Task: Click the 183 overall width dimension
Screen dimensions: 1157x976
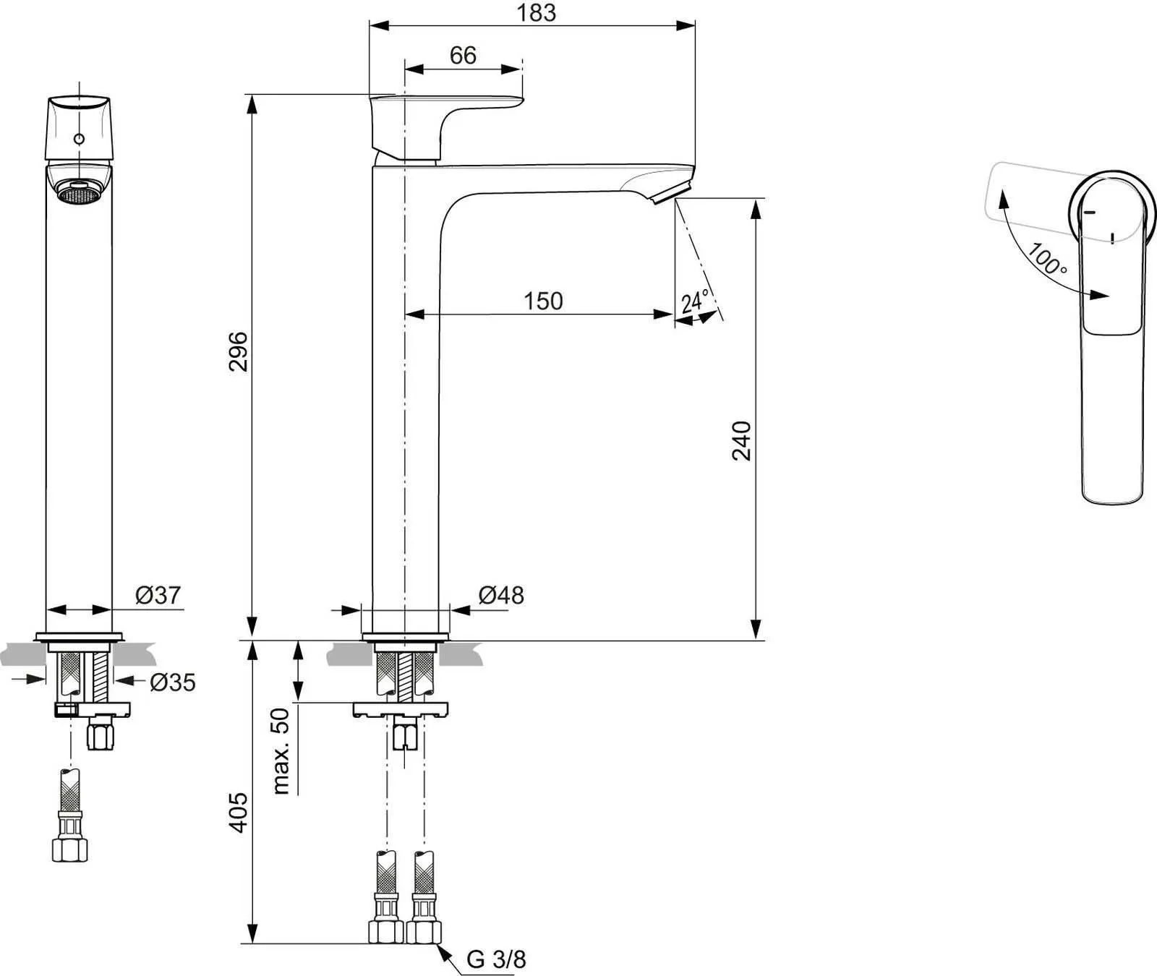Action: (537, 12)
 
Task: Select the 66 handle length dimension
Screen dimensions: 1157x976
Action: (463, 56)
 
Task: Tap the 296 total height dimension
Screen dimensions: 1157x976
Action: (239, 351)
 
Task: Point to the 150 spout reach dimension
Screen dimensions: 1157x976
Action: (543, 301)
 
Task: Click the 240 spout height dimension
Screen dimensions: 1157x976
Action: (743, 440)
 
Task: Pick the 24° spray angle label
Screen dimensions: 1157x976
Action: (694, 301)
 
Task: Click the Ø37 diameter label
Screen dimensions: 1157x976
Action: (158, 595)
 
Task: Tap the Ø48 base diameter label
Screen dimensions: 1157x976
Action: (501, 595)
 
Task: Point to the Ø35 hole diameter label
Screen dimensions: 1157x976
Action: (173, 682)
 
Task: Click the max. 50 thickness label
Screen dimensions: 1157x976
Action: (281, 750)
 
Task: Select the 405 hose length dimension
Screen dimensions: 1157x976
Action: (239, 813)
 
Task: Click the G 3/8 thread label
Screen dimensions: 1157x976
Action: (496, 959)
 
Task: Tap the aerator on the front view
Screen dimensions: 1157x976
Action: (78, 193)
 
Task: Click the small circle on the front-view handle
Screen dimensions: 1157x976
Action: (79, 139)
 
